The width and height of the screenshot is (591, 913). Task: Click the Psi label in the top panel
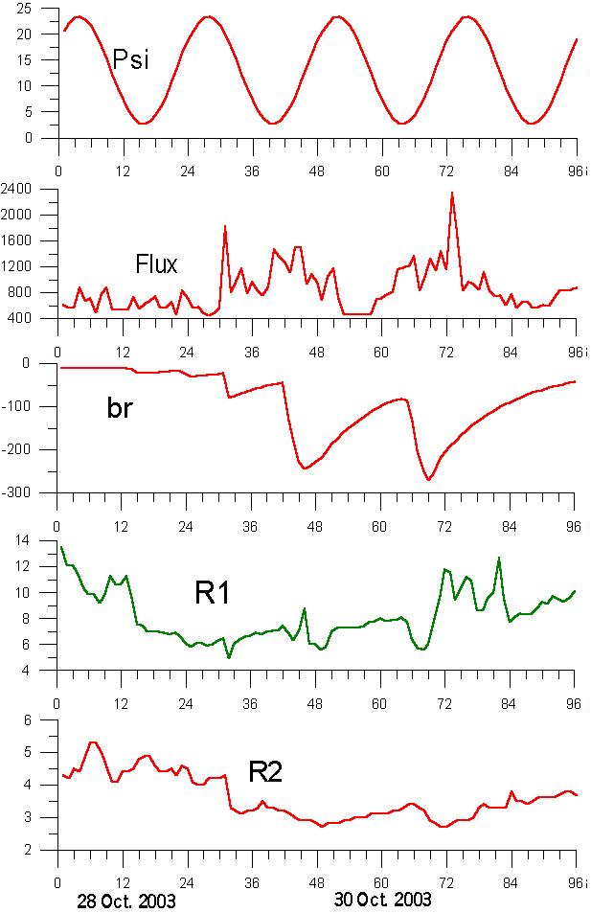click(x=131, y=61)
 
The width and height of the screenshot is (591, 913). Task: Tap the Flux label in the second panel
click(x=156, y=262)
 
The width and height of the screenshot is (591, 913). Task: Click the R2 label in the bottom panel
click(x=265, y=772)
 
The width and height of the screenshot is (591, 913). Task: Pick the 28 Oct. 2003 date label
click(x=125, y=902)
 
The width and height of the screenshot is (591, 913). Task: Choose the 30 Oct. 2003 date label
click(x=382, y=902)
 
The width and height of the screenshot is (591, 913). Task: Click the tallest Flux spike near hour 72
click(x=452, y=193)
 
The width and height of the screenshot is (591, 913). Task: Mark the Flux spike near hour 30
click(x=224, y=226)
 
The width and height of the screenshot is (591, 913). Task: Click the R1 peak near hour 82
click(x=498, y=558)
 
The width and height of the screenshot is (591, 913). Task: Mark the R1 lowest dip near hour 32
click(x=229, y=657)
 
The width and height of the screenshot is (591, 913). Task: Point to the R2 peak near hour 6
click(x=91, y=742)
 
